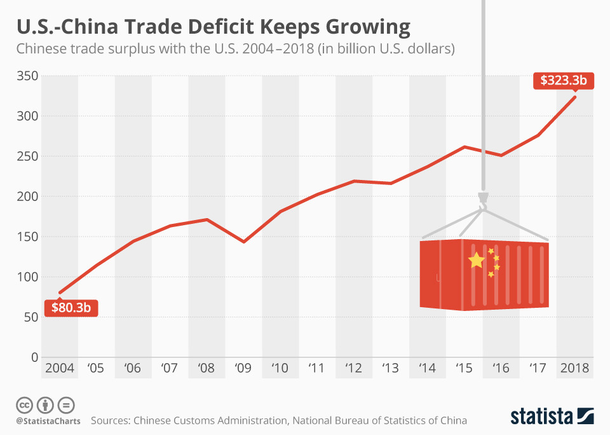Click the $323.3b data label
pos(562,81)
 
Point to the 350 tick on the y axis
pos(26,76)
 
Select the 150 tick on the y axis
pos(26,237)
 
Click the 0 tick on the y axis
pos(34,357)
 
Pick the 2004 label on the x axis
pos(59,368)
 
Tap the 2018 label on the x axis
pos(575,368)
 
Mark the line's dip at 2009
pos(244,242)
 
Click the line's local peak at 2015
pos(465,147)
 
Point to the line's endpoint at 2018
pos(575,97)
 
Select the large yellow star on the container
pos(476,260)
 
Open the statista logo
pos(552,416)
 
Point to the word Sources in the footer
pos(113,420)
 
